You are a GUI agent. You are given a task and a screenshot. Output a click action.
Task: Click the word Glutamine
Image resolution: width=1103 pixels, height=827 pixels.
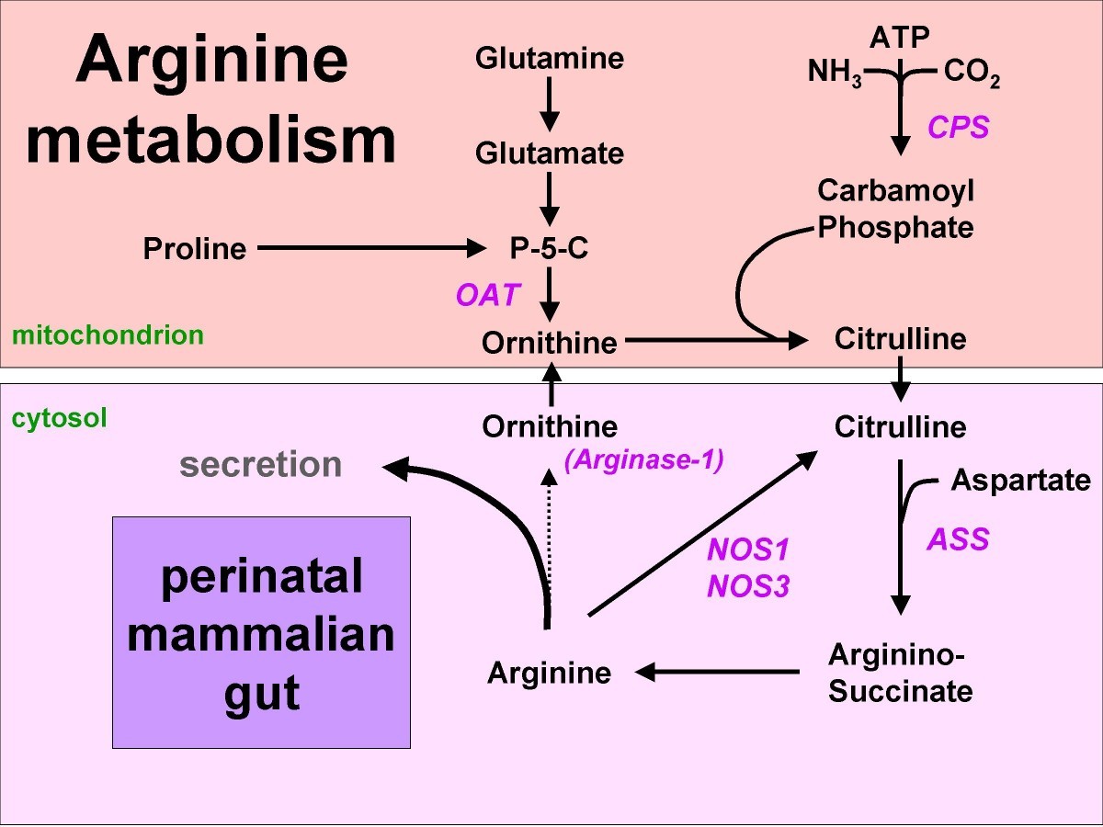click(549, 60)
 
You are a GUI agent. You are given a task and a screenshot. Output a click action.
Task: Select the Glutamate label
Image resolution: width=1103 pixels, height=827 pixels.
click(549, 153)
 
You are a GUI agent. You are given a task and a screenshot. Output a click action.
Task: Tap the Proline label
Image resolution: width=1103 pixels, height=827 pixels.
click(195, 248)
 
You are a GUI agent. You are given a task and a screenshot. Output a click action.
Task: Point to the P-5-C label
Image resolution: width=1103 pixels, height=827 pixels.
click(550, 248)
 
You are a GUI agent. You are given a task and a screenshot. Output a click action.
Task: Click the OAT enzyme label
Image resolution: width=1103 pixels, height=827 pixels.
click(488, 295)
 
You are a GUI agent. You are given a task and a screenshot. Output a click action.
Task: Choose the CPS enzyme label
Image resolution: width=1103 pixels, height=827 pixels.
click(958, 127)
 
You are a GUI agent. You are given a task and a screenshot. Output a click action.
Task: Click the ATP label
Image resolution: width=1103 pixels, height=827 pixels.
click(900, 37)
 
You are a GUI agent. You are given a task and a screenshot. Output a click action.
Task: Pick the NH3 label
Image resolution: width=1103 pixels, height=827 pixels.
click(835, 72)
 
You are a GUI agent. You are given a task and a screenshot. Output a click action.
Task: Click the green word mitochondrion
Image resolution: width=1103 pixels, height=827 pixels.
click(108, 334)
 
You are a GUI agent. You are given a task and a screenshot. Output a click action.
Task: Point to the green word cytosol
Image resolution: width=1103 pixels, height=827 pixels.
click(60, 419)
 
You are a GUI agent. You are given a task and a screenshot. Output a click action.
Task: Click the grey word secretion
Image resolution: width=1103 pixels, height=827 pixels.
click(261, 465)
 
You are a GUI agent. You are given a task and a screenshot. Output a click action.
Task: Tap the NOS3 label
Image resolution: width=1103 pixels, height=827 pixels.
click(747, 585)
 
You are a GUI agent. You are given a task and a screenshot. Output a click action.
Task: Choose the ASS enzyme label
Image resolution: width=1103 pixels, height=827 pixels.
click(957, 538)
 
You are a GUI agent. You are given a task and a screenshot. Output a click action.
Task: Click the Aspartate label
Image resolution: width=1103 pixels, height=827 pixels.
click(1020, 480)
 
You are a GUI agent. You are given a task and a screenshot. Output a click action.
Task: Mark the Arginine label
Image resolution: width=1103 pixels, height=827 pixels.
click(549, 673)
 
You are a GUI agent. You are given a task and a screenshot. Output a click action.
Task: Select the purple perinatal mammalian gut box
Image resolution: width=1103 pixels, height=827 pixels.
click(261, 632)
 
